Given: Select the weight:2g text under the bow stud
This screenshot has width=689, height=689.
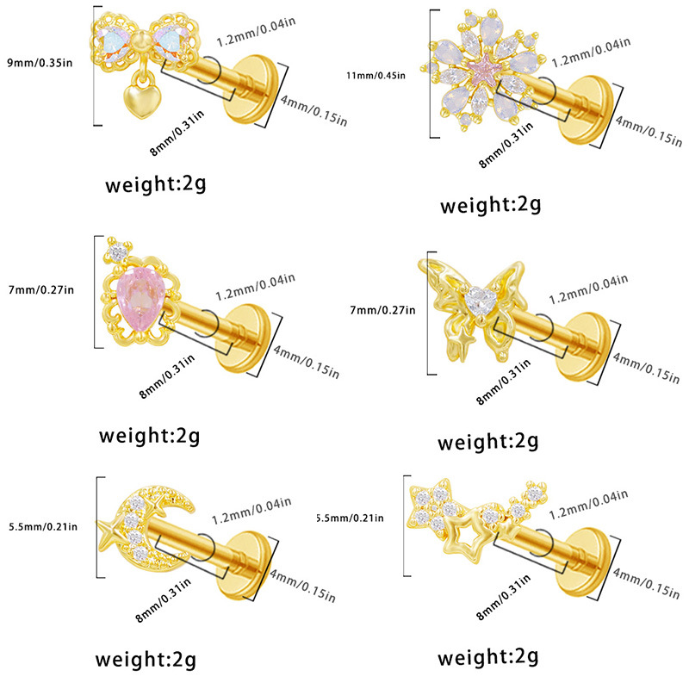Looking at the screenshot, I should point(156,183).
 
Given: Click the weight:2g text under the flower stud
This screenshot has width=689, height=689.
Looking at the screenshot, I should point(490,204).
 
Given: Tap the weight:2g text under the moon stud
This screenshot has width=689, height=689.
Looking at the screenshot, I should point(146,659).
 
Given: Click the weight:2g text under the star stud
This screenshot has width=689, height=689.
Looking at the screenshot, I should point(488,659).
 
